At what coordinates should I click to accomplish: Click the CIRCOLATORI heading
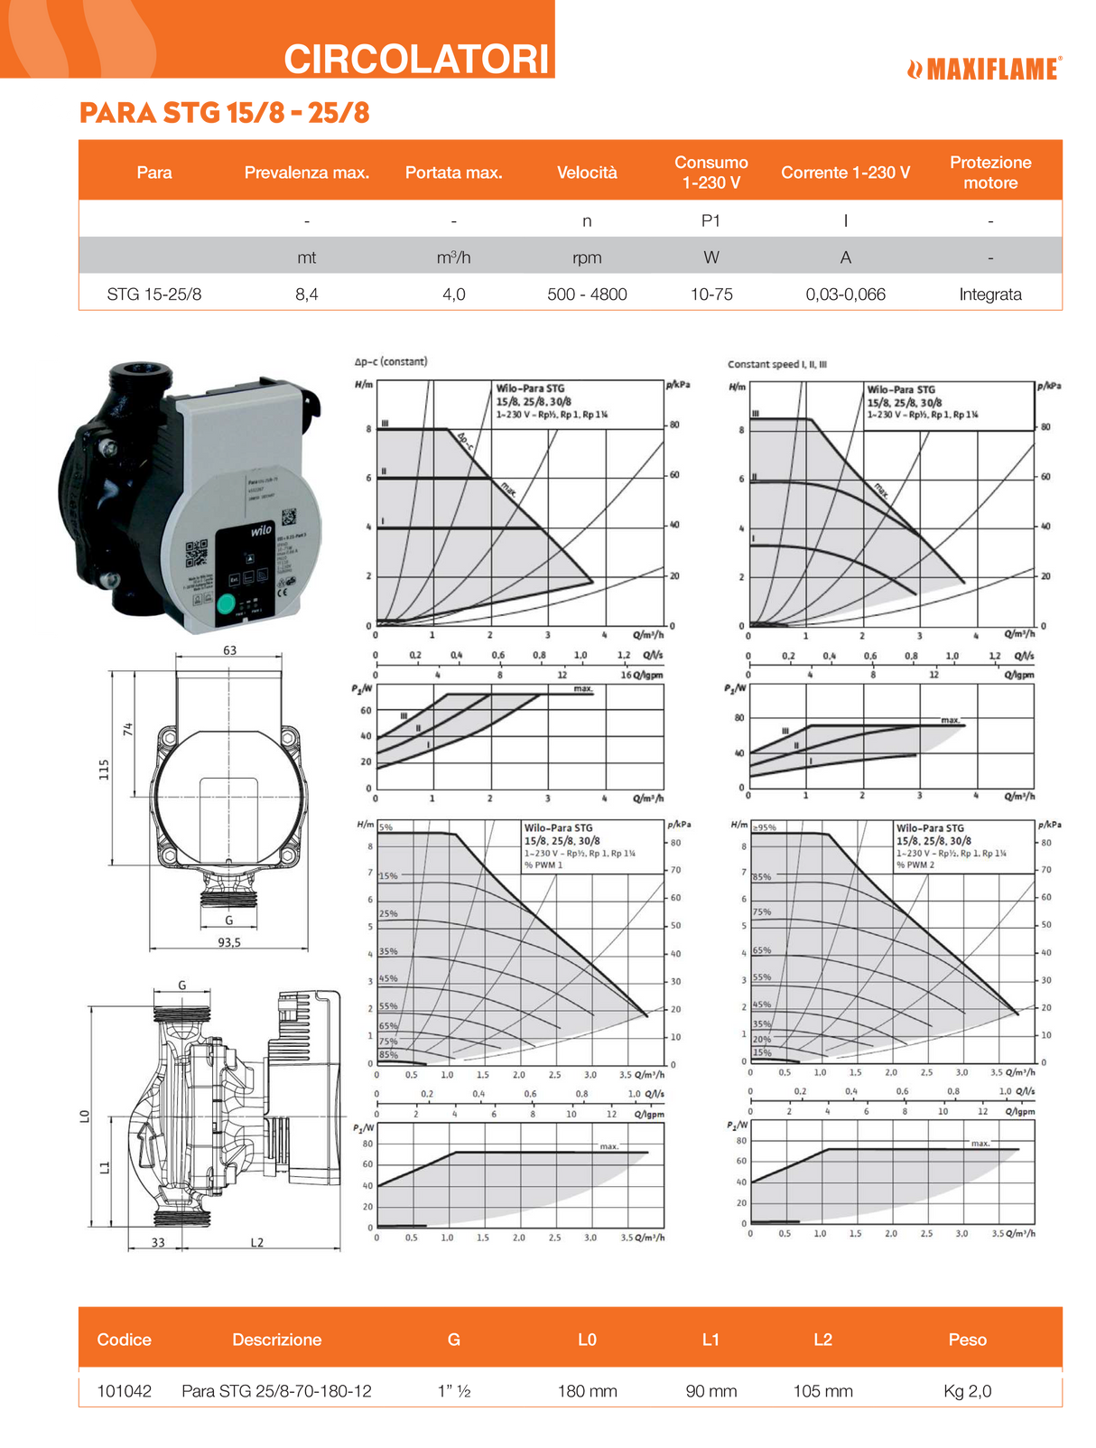[x=416, y=60]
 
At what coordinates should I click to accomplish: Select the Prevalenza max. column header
[x=307, y=173]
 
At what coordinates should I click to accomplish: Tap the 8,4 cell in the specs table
[x=307, y=294]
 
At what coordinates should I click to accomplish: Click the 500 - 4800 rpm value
[x=587, y=294]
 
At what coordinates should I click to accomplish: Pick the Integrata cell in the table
[x=990, y=294]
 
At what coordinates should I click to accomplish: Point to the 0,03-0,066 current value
[x=845, y=294]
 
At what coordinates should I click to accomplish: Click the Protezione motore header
[x=990, y=173]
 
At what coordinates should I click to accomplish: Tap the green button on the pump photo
[x=227, y=603]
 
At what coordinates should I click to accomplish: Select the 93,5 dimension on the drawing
[x=229, y=942]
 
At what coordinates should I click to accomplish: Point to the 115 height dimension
[x=104, y=769]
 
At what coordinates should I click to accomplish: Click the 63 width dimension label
[x=229, y=650]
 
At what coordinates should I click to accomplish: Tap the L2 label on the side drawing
[x=257, y=1242]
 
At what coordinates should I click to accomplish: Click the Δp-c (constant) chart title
[x=391, y=361]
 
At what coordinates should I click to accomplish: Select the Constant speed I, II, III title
[x=776, y=365]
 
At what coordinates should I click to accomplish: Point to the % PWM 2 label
[x=915, y=865]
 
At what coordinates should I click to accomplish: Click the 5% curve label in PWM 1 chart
[x=385, y=827]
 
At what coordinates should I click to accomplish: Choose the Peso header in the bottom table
[x=967, y=1340]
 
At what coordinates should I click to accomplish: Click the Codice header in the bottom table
[x=125, y=1340]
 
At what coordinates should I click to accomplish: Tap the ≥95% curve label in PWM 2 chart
[x=764, y=827]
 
